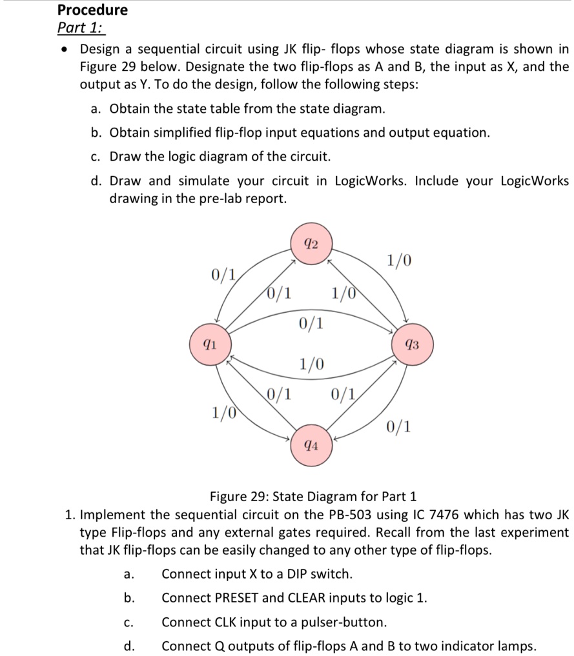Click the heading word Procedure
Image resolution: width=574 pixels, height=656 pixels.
[92, 10]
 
